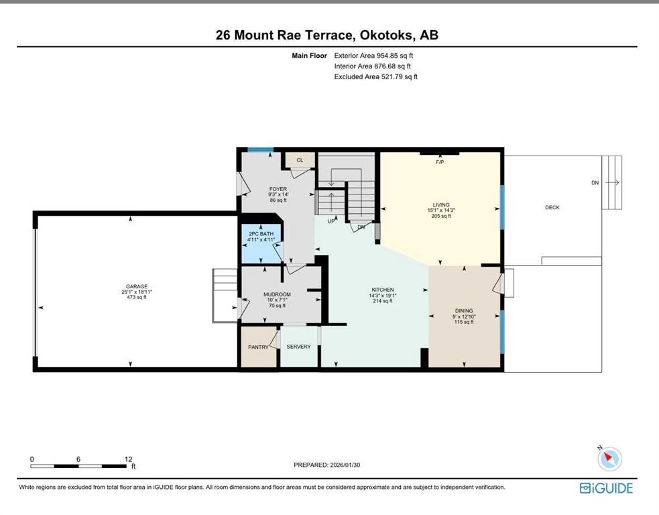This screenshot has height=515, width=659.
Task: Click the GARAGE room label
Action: (134, 286)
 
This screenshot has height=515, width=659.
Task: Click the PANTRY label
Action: (258, 347)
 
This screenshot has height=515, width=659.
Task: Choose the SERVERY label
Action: (298, 347)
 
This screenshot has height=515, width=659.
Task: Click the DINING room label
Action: (464, 310)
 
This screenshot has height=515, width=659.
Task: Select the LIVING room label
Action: (440, 205)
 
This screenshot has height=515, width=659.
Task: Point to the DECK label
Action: (552, 207)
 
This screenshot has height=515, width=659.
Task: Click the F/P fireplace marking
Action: (440, 162)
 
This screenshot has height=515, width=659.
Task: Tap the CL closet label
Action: (300, 160)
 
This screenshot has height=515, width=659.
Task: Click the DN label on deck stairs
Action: (595, 182)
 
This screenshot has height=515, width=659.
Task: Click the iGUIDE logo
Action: (606, 488)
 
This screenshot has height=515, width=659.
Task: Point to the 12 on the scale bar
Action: (129, 459)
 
